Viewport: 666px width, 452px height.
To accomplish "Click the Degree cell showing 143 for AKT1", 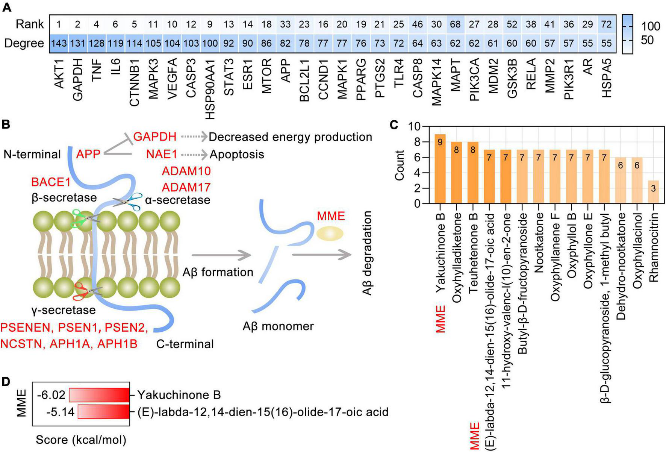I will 59,43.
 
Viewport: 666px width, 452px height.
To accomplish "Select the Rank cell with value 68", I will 455,24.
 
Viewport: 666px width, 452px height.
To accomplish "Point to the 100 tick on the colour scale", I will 650,26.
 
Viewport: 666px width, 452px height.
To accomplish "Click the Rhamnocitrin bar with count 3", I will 653,192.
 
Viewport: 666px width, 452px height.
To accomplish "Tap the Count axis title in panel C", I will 400,165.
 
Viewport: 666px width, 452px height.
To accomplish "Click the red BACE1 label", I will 51,182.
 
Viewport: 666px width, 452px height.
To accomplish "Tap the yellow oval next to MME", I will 329,234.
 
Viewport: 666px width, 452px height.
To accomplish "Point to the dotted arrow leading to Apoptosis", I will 194,154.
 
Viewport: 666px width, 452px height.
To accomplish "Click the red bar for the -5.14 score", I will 103,411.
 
